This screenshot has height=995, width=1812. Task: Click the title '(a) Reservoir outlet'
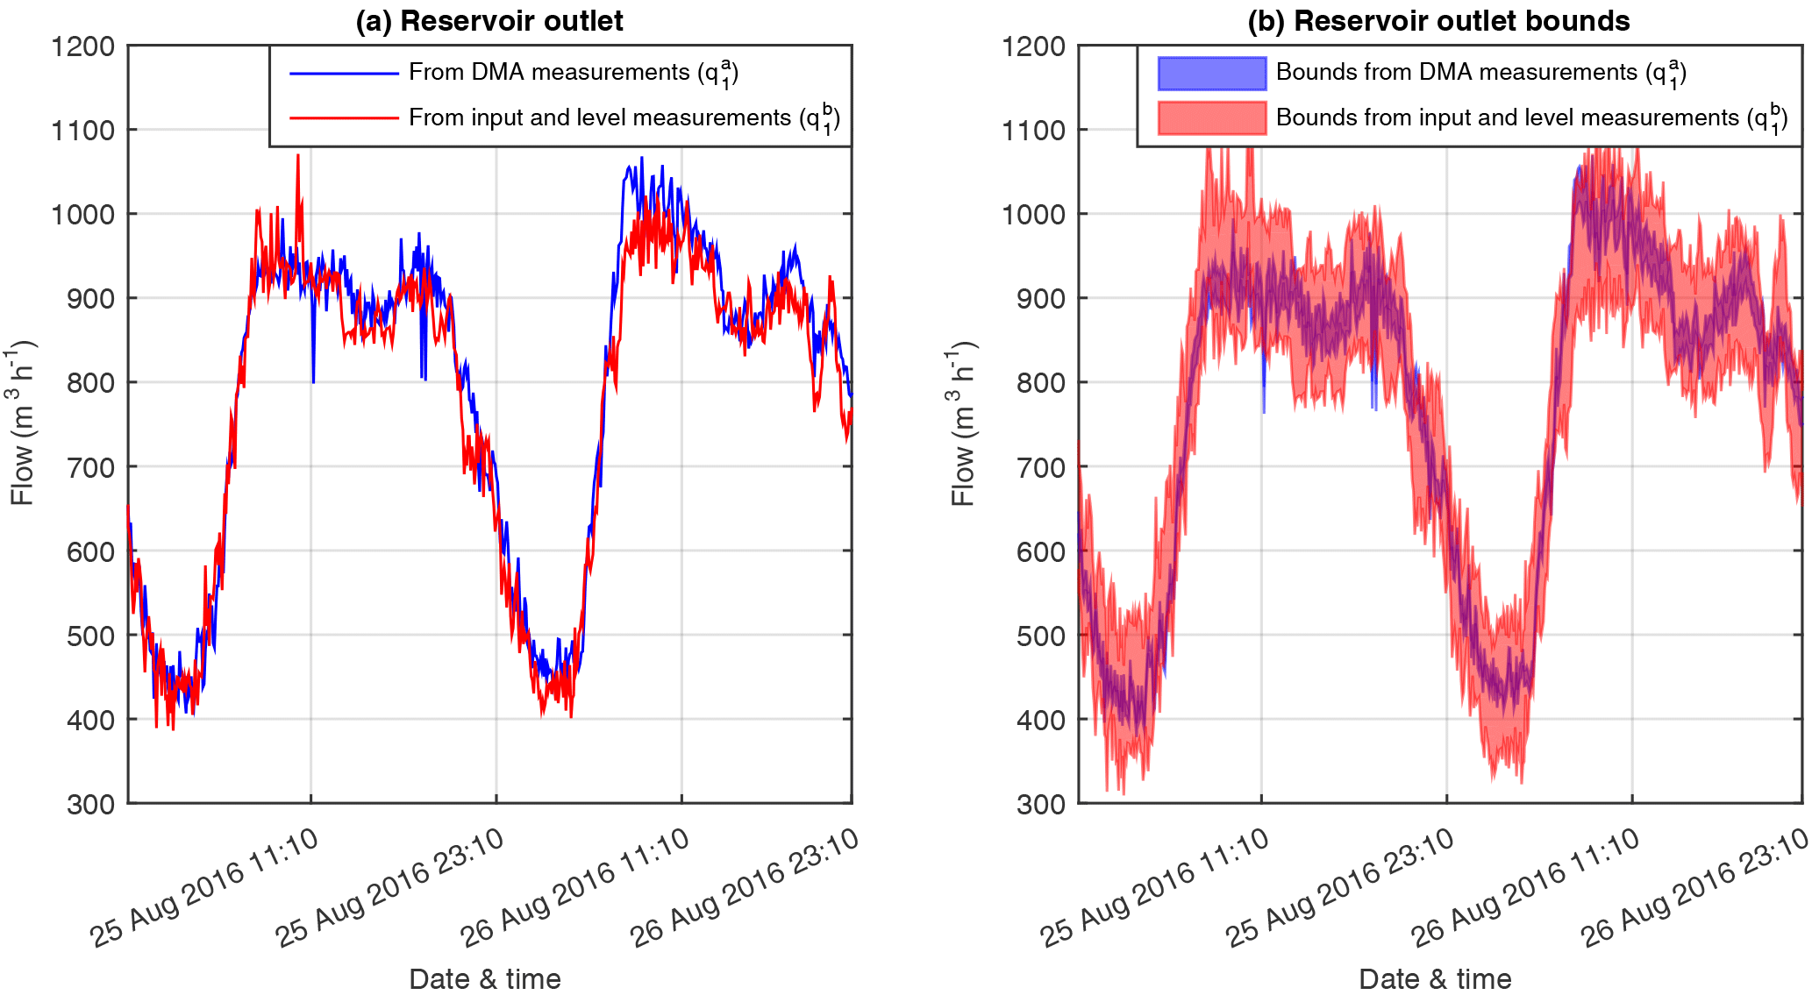tap(489, 21)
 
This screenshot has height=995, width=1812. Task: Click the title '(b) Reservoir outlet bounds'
tap(1438, 21)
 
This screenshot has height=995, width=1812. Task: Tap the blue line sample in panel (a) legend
tap(344, 74)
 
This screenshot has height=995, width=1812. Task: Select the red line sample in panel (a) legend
tap(344, 117)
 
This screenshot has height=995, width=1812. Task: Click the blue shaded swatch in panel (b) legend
tap(1211, 74)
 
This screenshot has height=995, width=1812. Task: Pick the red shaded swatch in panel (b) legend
tap(1211, 117)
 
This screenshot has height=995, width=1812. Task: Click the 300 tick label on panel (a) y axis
tap(90, 804)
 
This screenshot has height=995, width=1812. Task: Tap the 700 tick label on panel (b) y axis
tap(1040, 467)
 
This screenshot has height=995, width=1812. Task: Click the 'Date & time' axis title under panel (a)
tap(485, 978)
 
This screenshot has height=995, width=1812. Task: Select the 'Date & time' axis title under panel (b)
tap(1435, 978)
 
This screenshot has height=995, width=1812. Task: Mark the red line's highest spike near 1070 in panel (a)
tap(297, 156)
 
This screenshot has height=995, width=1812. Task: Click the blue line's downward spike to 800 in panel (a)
tap(313, 381)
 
